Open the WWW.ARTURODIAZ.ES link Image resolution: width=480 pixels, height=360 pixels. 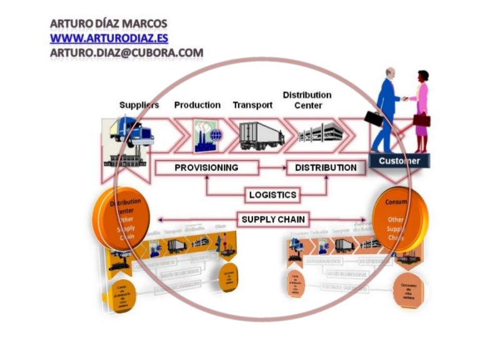[109, 38]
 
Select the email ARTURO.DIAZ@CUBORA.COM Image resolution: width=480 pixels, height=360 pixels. [126, 52]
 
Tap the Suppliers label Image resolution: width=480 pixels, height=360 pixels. [139, 105]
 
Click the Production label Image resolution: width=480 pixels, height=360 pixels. [197, 105]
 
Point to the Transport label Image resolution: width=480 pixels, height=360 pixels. [252, 105]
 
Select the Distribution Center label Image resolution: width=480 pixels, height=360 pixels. [307, 100]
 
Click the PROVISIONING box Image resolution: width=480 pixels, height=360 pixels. [206, 167]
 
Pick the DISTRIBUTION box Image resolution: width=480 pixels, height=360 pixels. [326, 167]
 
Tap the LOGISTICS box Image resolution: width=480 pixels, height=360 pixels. [272, 194]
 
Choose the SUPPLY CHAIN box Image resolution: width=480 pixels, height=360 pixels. [272, 219]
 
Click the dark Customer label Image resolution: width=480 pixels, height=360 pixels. [399, 161]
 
